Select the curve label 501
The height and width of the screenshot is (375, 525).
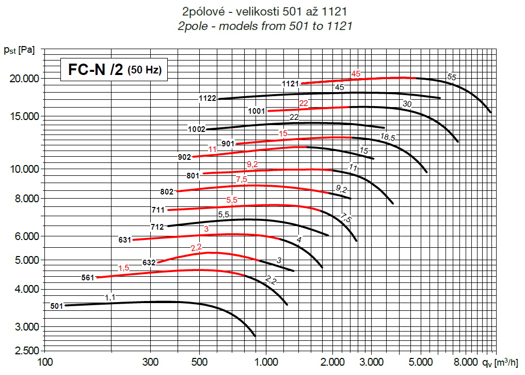click(56, 306)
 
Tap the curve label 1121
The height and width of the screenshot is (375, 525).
click(291, 84)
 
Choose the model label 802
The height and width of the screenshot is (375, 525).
click(167, 191)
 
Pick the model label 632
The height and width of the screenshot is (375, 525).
click(149, 263)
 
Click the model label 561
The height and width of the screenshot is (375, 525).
click(88, 278)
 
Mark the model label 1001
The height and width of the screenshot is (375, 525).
click(256, 111)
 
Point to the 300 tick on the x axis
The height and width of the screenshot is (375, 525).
click(150, 361)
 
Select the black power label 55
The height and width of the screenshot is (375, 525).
click(452, 77)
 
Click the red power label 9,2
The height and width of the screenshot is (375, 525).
click(252, 165)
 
